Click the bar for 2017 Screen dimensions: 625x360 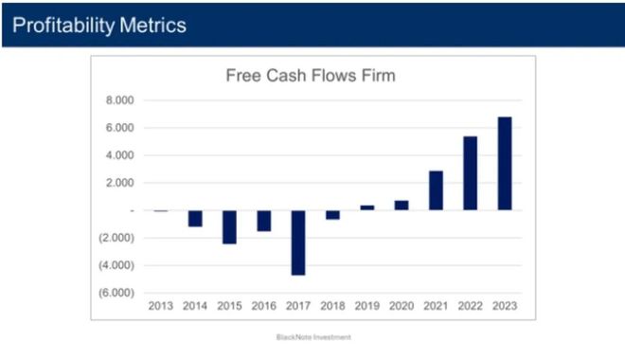[298, 243]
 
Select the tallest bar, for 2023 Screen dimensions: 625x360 [505, 164]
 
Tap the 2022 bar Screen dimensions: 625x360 [471, 173]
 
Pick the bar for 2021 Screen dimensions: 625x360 [436, 190]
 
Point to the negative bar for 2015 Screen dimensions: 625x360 [229, 226]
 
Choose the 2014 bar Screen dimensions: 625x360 [195, 219]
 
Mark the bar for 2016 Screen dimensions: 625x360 [264, 221]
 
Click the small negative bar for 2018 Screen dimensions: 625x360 [332, 214]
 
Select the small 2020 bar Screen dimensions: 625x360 [402, 206]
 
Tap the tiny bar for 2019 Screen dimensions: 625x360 [367, 207]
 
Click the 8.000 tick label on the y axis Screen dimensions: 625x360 [119, 100]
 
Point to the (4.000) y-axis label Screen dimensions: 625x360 [116, 265]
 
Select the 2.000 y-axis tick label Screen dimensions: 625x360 [119, 183]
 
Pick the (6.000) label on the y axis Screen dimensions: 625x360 [116, 293]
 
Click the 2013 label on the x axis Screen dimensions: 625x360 [161, 306]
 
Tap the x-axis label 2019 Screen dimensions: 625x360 [367, 306]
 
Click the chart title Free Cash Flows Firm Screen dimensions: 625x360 [311, 76]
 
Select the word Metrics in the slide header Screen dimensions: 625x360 [152, 26]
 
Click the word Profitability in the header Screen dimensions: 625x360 [63, 26]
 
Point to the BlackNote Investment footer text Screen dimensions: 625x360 [313, 337]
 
